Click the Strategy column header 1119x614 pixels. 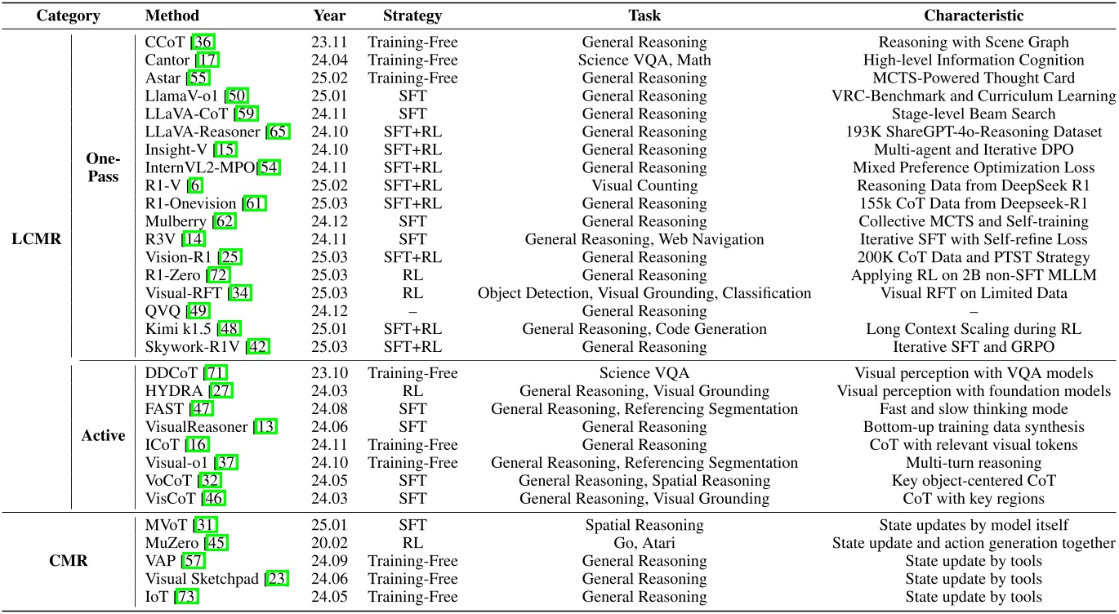[x=412, y=16]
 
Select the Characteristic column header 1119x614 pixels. [x=974, y=16]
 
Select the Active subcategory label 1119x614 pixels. [x=103, y=435]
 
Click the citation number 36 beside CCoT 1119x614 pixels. [x=202, y=42]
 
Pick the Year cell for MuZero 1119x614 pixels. [x=329, y=543]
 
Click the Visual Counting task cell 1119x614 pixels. [x=644, y=185]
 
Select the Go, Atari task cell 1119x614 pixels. [x=644, y=543]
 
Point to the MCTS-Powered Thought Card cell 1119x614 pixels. [x=974, y=78]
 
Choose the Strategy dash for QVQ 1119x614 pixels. [x=412, y=311]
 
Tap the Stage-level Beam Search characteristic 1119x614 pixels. [x=974, y=113]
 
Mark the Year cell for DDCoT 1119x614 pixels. [x=329, y=373]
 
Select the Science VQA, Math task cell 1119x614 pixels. [x=644, y=60]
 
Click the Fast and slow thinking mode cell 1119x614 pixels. [x=974, y=409]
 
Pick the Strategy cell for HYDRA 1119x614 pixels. [x=412, y=391]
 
